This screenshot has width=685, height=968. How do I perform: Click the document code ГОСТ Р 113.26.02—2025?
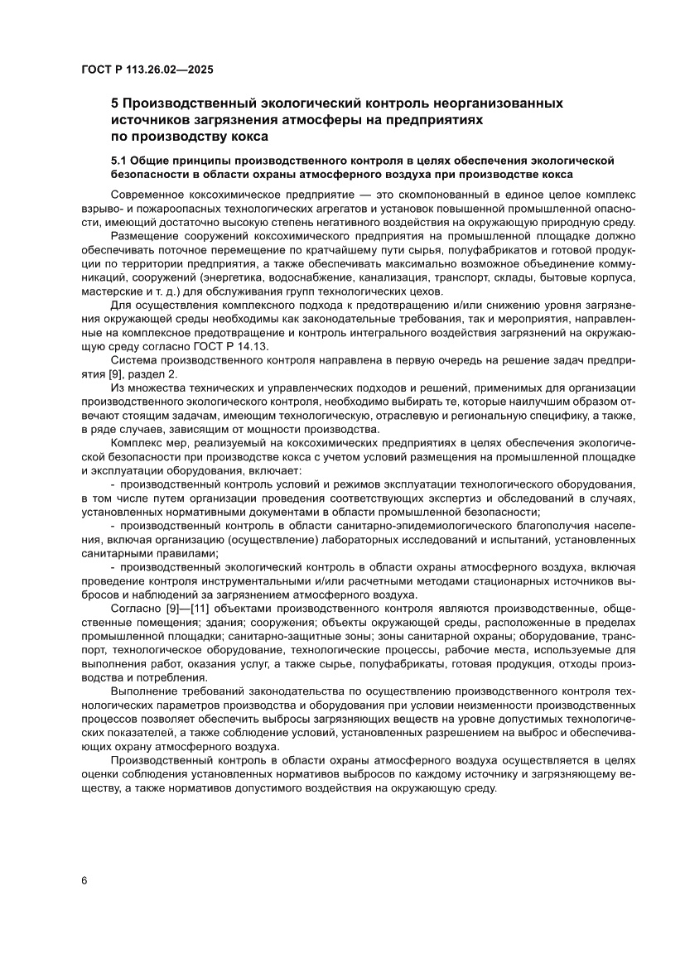(147, 70)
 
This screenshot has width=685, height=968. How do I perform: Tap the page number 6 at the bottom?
(84, 880)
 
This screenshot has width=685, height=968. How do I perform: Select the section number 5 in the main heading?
(115, 104)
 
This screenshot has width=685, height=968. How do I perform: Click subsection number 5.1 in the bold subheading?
(120, 160)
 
